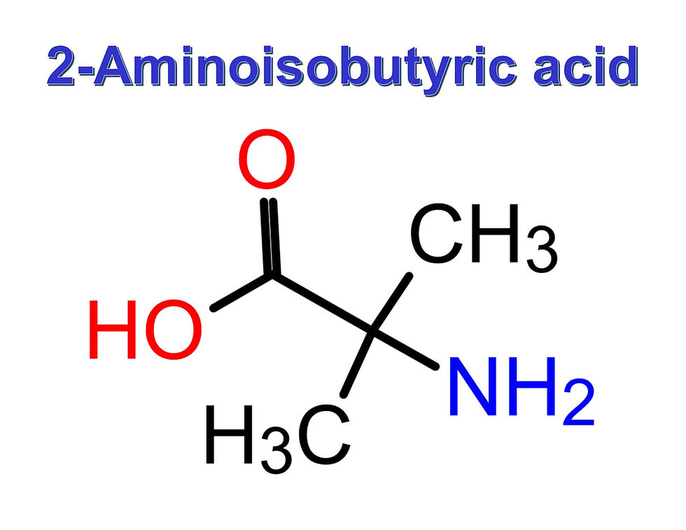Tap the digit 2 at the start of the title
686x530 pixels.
pyautogui.click(x=62, y=69)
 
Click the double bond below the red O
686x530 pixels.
pyautogui.click(x=269, y=238)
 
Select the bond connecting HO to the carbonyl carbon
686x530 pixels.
pyautogui.click(x=242, y=292)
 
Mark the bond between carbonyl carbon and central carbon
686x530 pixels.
pyautogui.click(x=322, y=303)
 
